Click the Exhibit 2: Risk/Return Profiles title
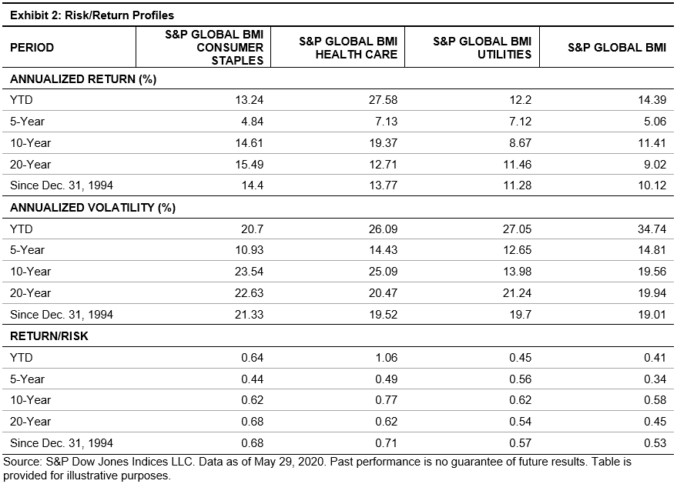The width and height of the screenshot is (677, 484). (92, 15)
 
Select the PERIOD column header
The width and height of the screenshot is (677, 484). (32, 48)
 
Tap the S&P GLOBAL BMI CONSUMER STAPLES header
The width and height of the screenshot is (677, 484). (214, 48)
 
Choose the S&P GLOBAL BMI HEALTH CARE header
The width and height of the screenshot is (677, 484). (348, 48)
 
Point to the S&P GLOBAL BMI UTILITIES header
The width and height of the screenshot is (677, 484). (482, 48)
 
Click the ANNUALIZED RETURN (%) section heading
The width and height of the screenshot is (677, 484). (83, 79)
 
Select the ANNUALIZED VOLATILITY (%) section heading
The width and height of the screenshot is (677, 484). (92, 208)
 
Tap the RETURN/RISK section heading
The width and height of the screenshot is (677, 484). (49, 336)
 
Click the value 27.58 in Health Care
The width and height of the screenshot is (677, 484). (383, 100)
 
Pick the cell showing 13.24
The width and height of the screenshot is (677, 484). (249, 100)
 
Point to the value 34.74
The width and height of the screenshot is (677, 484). (652, 229)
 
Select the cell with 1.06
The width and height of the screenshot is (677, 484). (386, 358)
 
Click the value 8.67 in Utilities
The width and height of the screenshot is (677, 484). (521, 143)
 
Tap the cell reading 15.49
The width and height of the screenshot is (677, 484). (249, 165)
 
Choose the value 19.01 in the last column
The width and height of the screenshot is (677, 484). (652, 315)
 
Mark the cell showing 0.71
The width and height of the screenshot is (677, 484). (386, 443)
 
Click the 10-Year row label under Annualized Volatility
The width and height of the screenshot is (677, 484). (30, 272)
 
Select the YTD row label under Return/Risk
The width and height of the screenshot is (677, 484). (21, 358)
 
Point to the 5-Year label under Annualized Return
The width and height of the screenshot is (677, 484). (27, 122)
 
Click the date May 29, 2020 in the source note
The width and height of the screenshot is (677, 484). (290, 462)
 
